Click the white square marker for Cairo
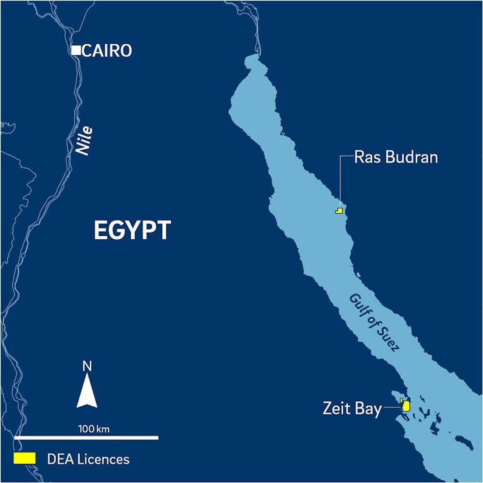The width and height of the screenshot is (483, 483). tap(76, 50)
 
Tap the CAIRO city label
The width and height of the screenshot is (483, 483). tap(107, 51)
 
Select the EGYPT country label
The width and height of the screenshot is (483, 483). tap(132, 230)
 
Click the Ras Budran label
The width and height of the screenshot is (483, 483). tap(396, 157)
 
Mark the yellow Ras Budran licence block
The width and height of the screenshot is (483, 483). tap(339, 211)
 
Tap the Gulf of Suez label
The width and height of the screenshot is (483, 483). tap(374, 322)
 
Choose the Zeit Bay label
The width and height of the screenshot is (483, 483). tap(352, 409)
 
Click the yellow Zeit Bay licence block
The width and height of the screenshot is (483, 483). tap(406, 406)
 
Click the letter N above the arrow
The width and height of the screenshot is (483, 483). tap(87, 366)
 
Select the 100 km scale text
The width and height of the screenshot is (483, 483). tap(94, 429)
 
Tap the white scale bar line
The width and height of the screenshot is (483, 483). tap(86, 438)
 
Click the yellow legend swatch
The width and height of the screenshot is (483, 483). tap(25, 458)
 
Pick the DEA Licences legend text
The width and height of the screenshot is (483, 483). tap(88, 459)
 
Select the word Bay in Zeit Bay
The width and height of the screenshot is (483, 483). tap(368, 409)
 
